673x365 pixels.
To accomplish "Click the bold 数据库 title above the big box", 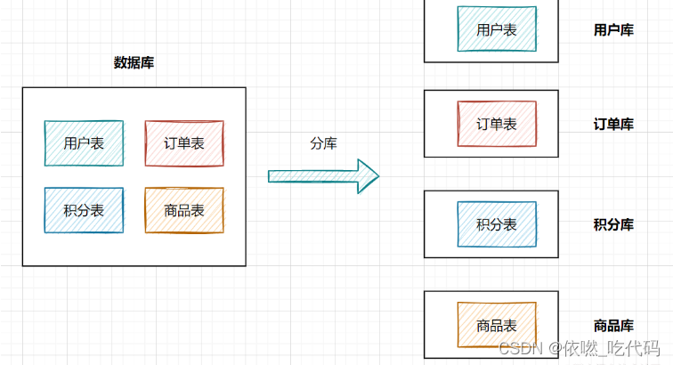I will tap(134, 62).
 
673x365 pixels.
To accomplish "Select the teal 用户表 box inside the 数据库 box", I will tap(84, 142).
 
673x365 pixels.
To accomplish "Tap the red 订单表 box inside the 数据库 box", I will tap(184, 142).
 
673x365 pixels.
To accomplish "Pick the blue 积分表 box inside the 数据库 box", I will tap(84, 210).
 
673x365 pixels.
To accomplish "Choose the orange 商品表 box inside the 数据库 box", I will tap(184, 210).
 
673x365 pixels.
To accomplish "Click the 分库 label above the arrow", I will tap(323, 142).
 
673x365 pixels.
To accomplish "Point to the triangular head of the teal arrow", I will tap(367, 175).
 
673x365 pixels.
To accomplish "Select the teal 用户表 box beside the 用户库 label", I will tap(497, 28).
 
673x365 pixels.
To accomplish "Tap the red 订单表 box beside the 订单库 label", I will tap(497, 124).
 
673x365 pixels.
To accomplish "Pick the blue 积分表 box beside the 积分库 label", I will tap(497, 224).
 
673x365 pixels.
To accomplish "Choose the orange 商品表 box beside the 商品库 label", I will tap(497, 325).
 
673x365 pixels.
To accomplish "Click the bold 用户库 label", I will tap(613, 29).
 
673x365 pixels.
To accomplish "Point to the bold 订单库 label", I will tap(613, 124).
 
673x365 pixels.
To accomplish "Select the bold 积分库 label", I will tap(613, 224).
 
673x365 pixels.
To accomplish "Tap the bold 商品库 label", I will tap(613, 325).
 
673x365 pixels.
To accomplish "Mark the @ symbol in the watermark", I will tap(554, 348).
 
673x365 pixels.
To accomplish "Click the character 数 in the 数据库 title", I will tap(120, 62).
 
